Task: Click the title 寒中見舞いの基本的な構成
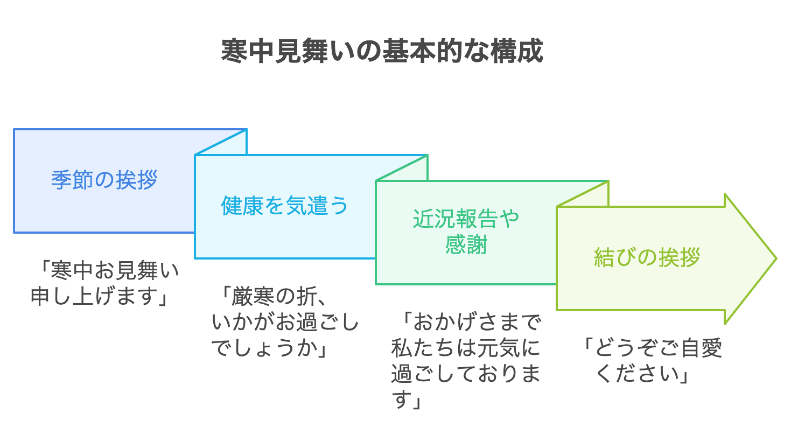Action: tap(382, 52)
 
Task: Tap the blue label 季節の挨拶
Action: tap(104, 180)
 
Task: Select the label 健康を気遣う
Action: tap(285, 206)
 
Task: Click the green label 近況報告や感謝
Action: tap(466, 232)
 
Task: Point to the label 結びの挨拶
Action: tap(647, 257)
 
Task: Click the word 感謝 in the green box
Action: tap(466, 246)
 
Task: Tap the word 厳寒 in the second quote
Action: tap(251, 296)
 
